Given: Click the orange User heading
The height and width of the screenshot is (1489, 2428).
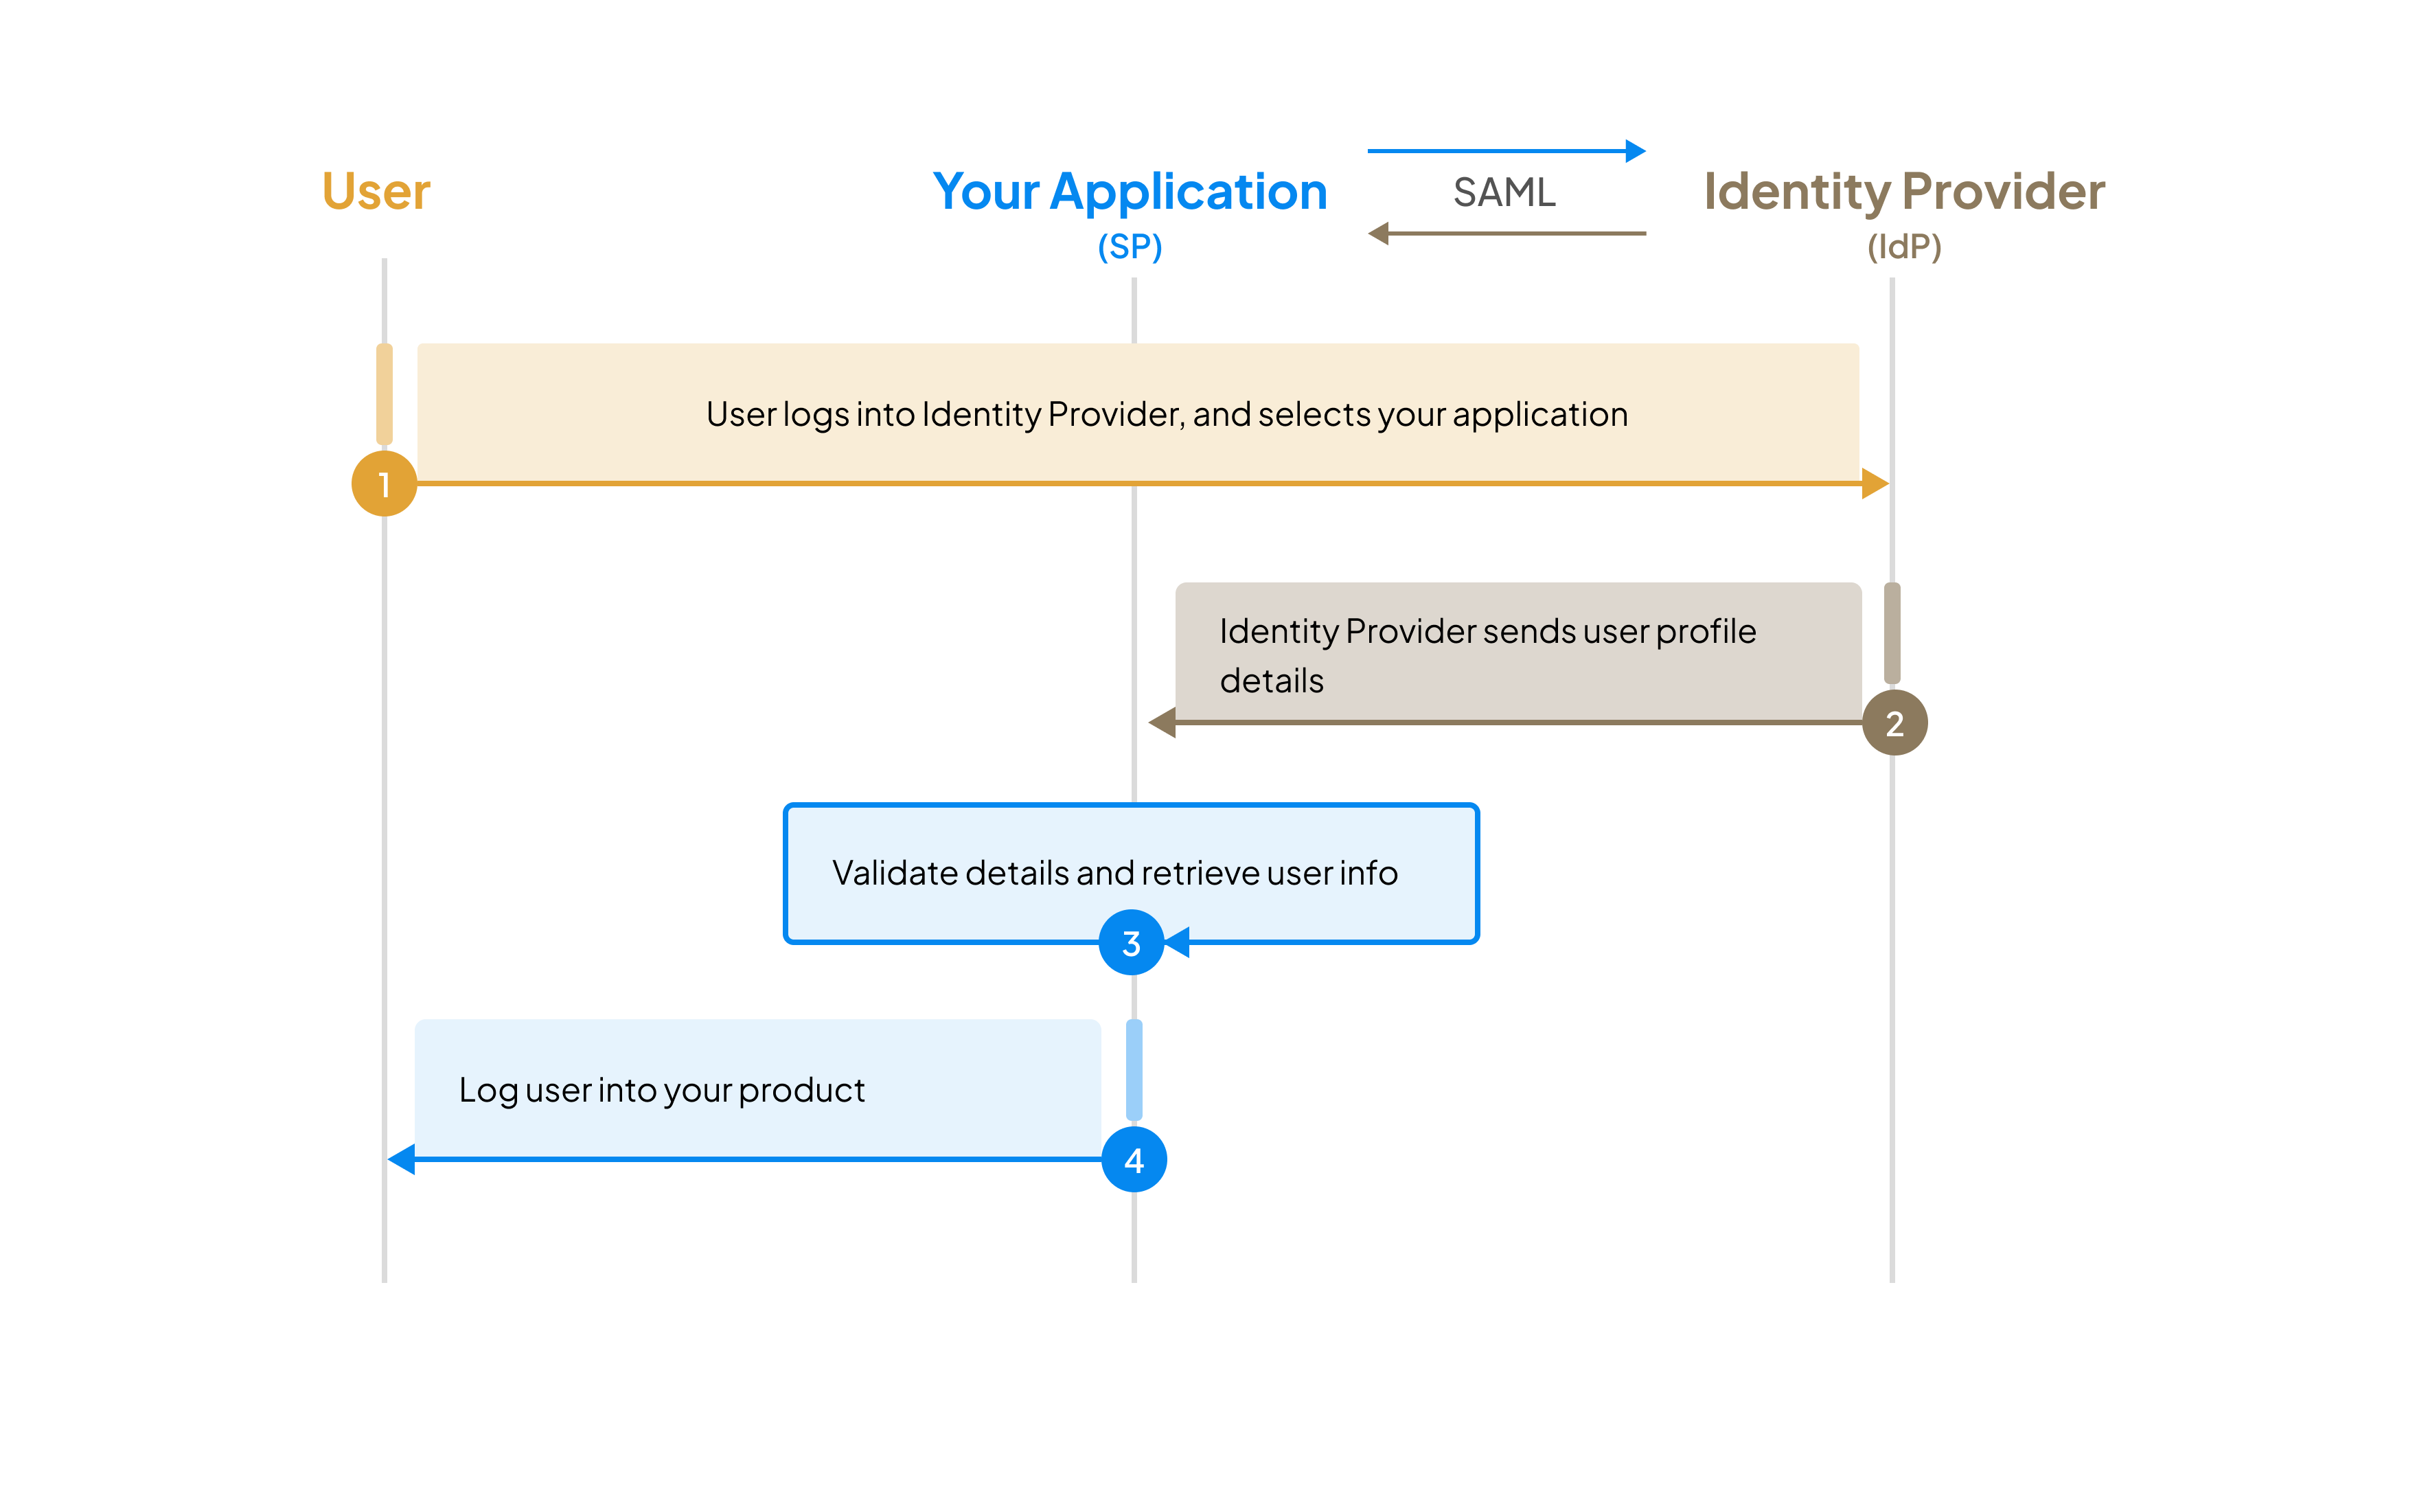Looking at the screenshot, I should (x=376, y=191).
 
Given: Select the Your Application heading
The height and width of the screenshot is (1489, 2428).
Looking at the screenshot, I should (x=1130, y=191).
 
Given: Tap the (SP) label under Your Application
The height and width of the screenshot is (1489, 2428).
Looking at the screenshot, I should (x=1130, y=247).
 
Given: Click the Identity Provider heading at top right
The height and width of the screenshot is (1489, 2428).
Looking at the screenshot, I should (x=1904, y=191).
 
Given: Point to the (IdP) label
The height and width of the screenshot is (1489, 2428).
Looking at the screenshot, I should (x=1904, y=247).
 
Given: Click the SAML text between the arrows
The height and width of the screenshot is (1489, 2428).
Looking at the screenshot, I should (x=1504, y=192).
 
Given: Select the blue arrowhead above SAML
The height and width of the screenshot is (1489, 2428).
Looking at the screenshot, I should (x=1635, y=151).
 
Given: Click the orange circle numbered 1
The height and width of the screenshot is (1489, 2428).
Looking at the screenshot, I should (x=385, y=484).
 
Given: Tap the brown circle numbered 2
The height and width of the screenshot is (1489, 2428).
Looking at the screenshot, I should (x=1894, y=723).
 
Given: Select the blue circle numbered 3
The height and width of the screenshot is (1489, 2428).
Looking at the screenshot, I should (x=1131, y=943).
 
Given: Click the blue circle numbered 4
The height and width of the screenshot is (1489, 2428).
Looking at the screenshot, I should (x=1134, y=1160).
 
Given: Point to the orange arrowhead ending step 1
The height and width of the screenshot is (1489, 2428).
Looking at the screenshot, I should (x=1873, y=484).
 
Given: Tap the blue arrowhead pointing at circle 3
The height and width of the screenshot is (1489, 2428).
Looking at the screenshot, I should (x=1178, y=942).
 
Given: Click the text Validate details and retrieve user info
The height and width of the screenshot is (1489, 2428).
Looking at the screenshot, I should (x=1114, y=873).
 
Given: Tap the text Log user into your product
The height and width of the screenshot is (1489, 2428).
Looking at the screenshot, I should (x=661, y=1090).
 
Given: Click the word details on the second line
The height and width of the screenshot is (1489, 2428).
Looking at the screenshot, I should (x=1271, y=681).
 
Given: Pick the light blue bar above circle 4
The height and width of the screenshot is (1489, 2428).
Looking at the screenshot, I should (x=1134, y=1070).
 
